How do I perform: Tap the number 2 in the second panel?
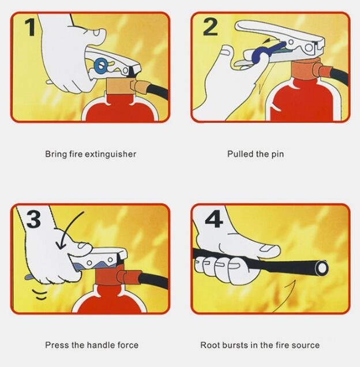(x=210, y=27)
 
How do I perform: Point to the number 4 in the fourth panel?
(x=214, y=219)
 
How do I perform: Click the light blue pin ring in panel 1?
(x=100, y=65)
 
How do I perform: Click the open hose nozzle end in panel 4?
(x=321, y=268)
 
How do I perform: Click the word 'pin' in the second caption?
(x=277, y=155)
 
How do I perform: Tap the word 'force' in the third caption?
(x=128, y=345)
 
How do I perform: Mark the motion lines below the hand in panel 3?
(x=39, y=294)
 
